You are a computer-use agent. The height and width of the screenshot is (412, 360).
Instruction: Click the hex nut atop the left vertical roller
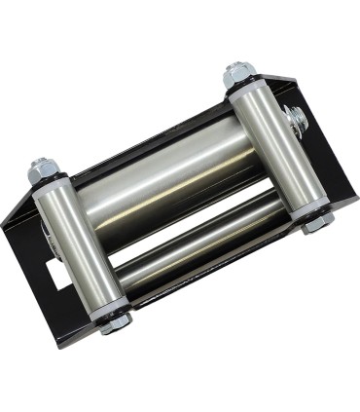(45, 169)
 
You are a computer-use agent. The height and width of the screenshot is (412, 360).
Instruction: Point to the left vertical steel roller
(80, 243)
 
